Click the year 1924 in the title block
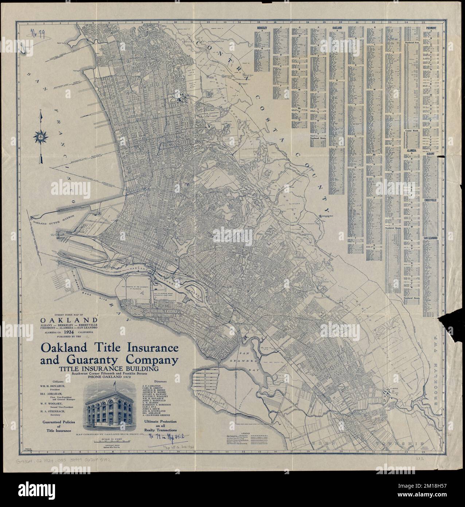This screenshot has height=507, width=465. point(68,332)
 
